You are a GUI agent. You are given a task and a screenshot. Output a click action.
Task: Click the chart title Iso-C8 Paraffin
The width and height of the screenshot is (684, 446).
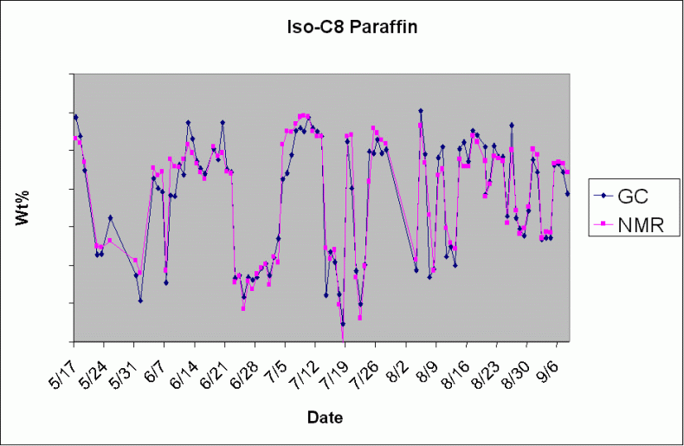coord(352,27)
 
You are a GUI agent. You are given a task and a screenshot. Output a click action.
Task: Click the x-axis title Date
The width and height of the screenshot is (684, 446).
coord(325,417)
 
